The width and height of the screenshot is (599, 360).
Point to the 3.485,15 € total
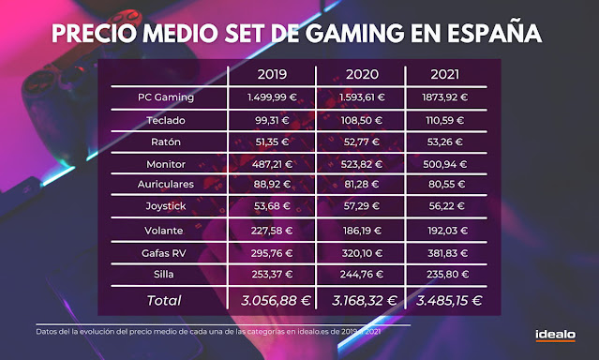[446, 301]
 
